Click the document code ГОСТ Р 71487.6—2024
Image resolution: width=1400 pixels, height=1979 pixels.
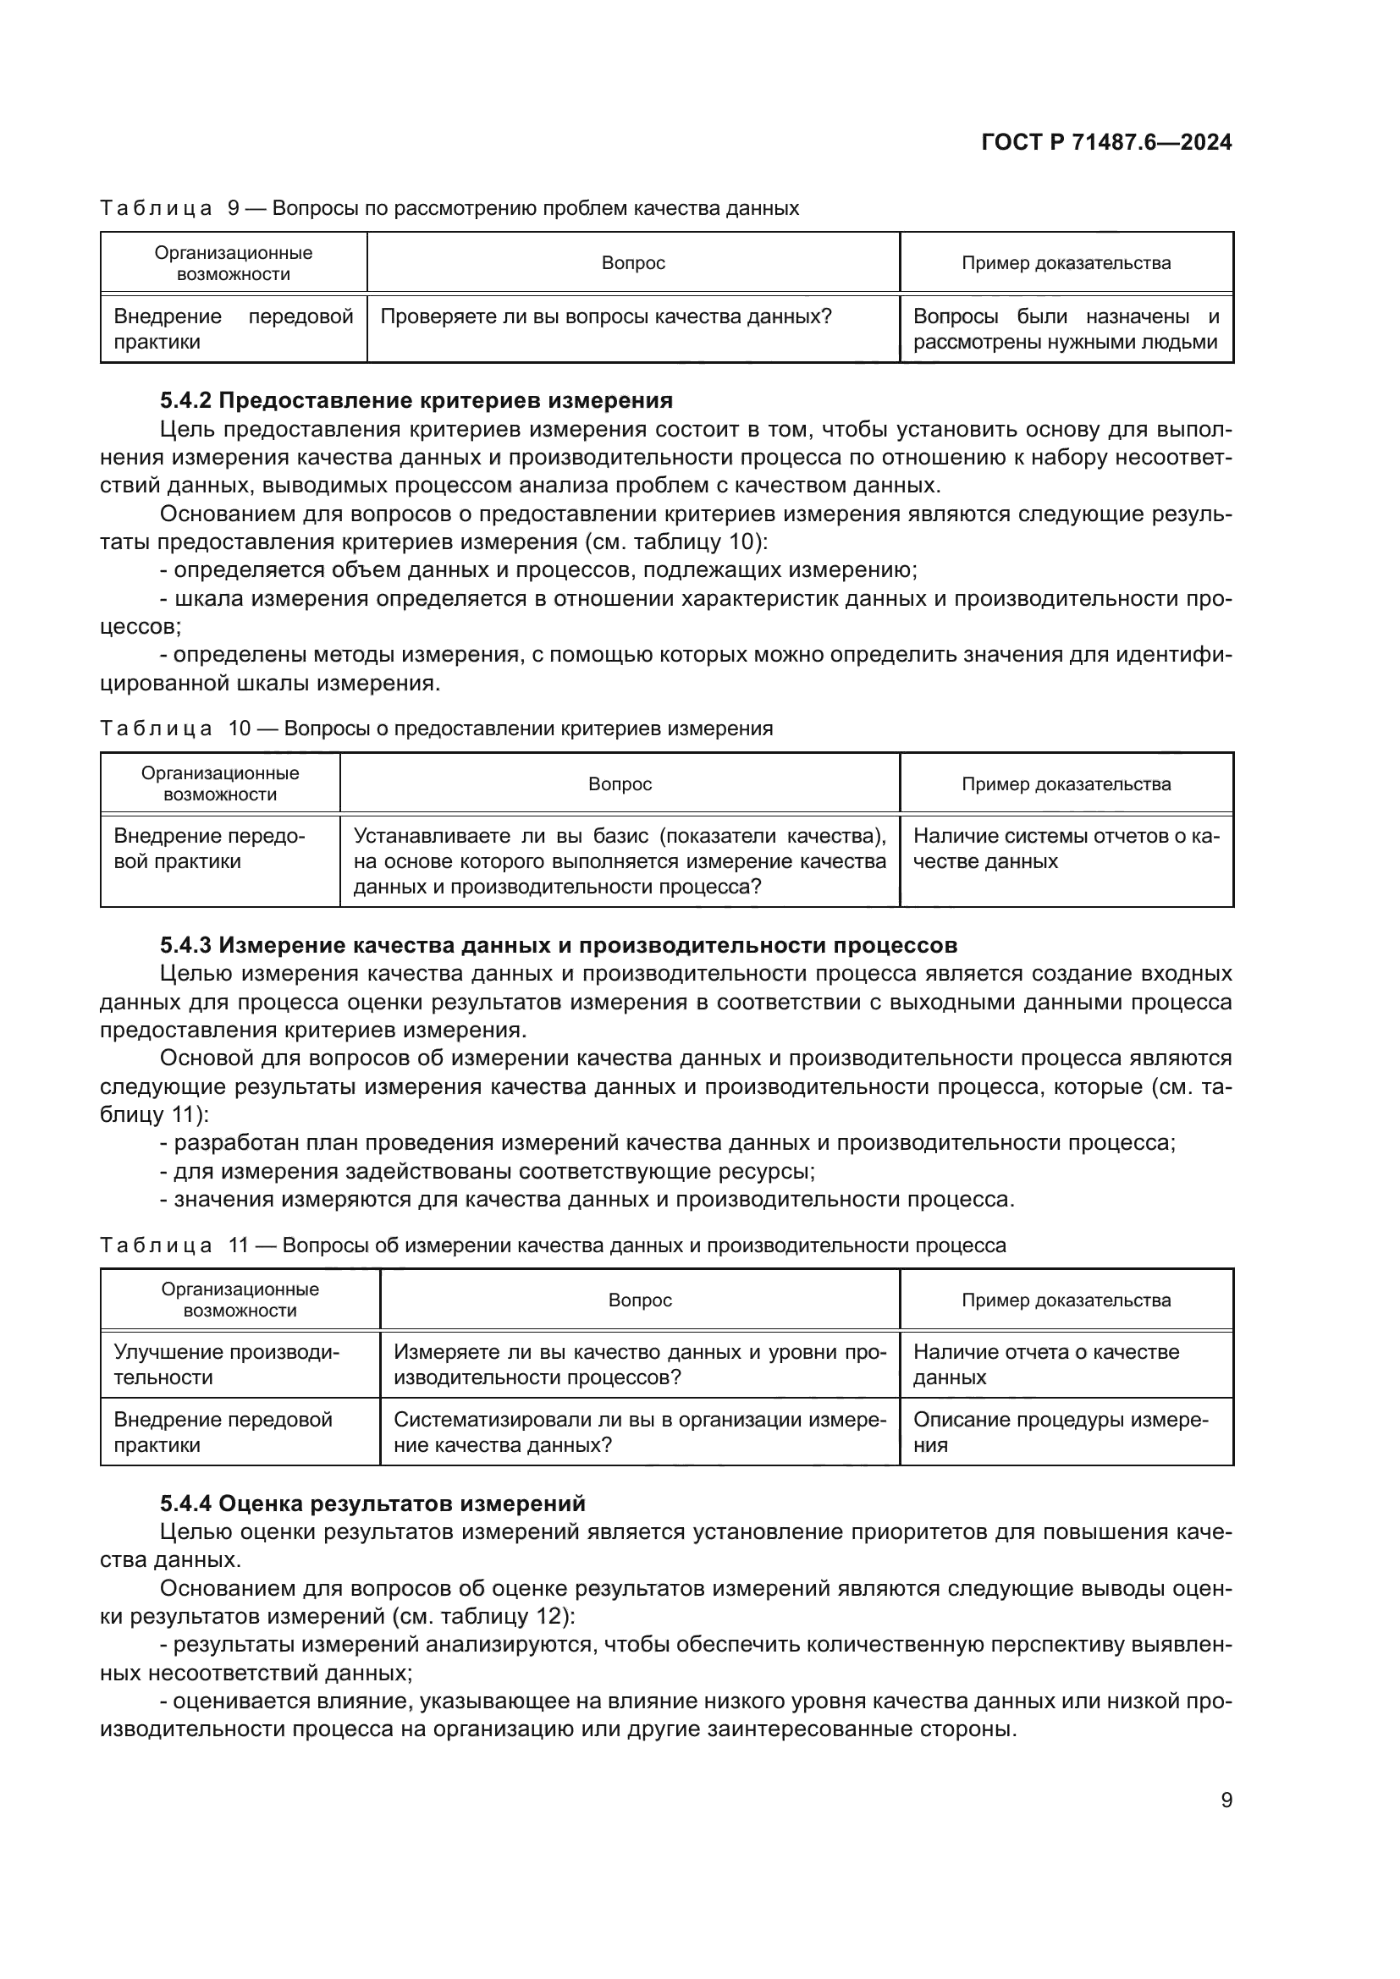1106,142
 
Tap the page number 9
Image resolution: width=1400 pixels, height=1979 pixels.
1226,1800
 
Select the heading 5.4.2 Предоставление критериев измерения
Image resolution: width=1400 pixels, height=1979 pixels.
416,400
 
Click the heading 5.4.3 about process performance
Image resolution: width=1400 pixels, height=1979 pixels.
558,945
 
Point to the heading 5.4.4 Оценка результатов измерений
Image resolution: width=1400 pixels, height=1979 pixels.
372,1503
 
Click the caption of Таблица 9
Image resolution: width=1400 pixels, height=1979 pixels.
449,208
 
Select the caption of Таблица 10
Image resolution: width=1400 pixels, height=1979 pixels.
436,728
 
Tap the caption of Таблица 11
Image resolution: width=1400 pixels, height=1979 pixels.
553,1245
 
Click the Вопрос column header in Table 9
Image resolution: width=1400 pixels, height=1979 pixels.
633,263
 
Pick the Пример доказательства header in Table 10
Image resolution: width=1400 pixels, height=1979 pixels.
1066,783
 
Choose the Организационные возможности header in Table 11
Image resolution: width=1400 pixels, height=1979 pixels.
240,1300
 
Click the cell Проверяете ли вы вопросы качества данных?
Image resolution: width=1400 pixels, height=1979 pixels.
605,316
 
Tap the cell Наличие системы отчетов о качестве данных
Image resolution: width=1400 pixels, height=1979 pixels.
1066,848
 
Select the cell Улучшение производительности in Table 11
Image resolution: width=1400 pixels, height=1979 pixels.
227,1365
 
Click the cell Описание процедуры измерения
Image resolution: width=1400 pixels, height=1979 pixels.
1061,1432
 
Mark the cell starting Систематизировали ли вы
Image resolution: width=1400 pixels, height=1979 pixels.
640,1432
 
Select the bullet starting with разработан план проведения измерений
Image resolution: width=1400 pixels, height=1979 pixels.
668,1143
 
